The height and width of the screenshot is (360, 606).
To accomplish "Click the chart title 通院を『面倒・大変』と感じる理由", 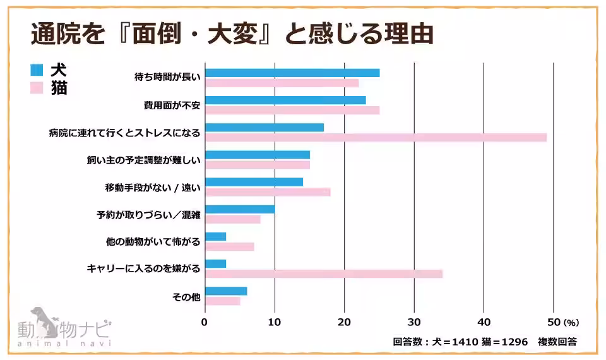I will pos(232,33).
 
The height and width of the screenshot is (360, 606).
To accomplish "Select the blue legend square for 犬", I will pos(37,69).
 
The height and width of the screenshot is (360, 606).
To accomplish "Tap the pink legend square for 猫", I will pos(37,88).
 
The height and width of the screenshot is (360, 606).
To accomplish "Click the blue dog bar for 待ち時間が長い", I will pos(292,73).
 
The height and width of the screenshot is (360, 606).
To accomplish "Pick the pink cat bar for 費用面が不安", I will pos(292,111).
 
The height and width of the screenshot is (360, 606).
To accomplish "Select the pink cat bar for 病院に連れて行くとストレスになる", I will pos(376,138).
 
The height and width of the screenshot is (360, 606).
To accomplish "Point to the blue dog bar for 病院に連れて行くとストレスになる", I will pos(264,128).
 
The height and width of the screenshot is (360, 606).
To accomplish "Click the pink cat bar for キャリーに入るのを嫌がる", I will pos(324,273).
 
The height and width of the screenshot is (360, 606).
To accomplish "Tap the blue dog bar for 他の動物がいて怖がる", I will pos(216,237).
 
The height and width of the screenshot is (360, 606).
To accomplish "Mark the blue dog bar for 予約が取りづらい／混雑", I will pos(241,209).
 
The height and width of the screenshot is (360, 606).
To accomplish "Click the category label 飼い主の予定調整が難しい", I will pos(143,160).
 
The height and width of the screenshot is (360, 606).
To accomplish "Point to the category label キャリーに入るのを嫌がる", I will pos(143,269).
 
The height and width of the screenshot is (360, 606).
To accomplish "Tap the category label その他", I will pos(186,296).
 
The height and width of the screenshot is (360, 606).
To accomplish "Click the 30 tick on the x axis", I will pos(413,322).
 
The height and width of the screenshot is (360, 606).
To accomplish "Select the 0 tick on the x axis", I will pos(205,322).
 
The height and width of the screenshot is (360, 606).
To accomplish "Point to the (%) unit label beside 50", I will pos(571,323).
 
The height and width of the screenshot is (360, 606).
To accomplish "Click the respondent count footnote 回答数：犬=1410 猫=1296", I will pos(460,342).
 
